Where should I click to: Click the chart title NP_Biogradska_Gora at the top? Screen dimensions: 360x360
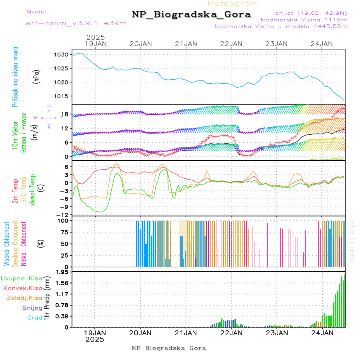191,15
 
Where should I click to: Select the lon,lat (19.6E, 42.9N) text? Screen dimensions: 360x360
310,12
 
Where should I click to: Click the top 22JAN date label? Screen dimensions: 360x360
231,44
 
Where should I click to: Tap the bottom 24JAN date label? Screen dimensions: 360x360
322,332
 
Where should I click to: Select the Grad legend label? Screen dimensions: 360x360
34,318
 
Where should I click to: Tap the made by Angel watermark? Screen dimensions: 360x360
352,240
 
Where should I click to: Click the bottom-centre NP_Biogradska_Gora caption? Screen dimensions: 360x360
169,348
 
